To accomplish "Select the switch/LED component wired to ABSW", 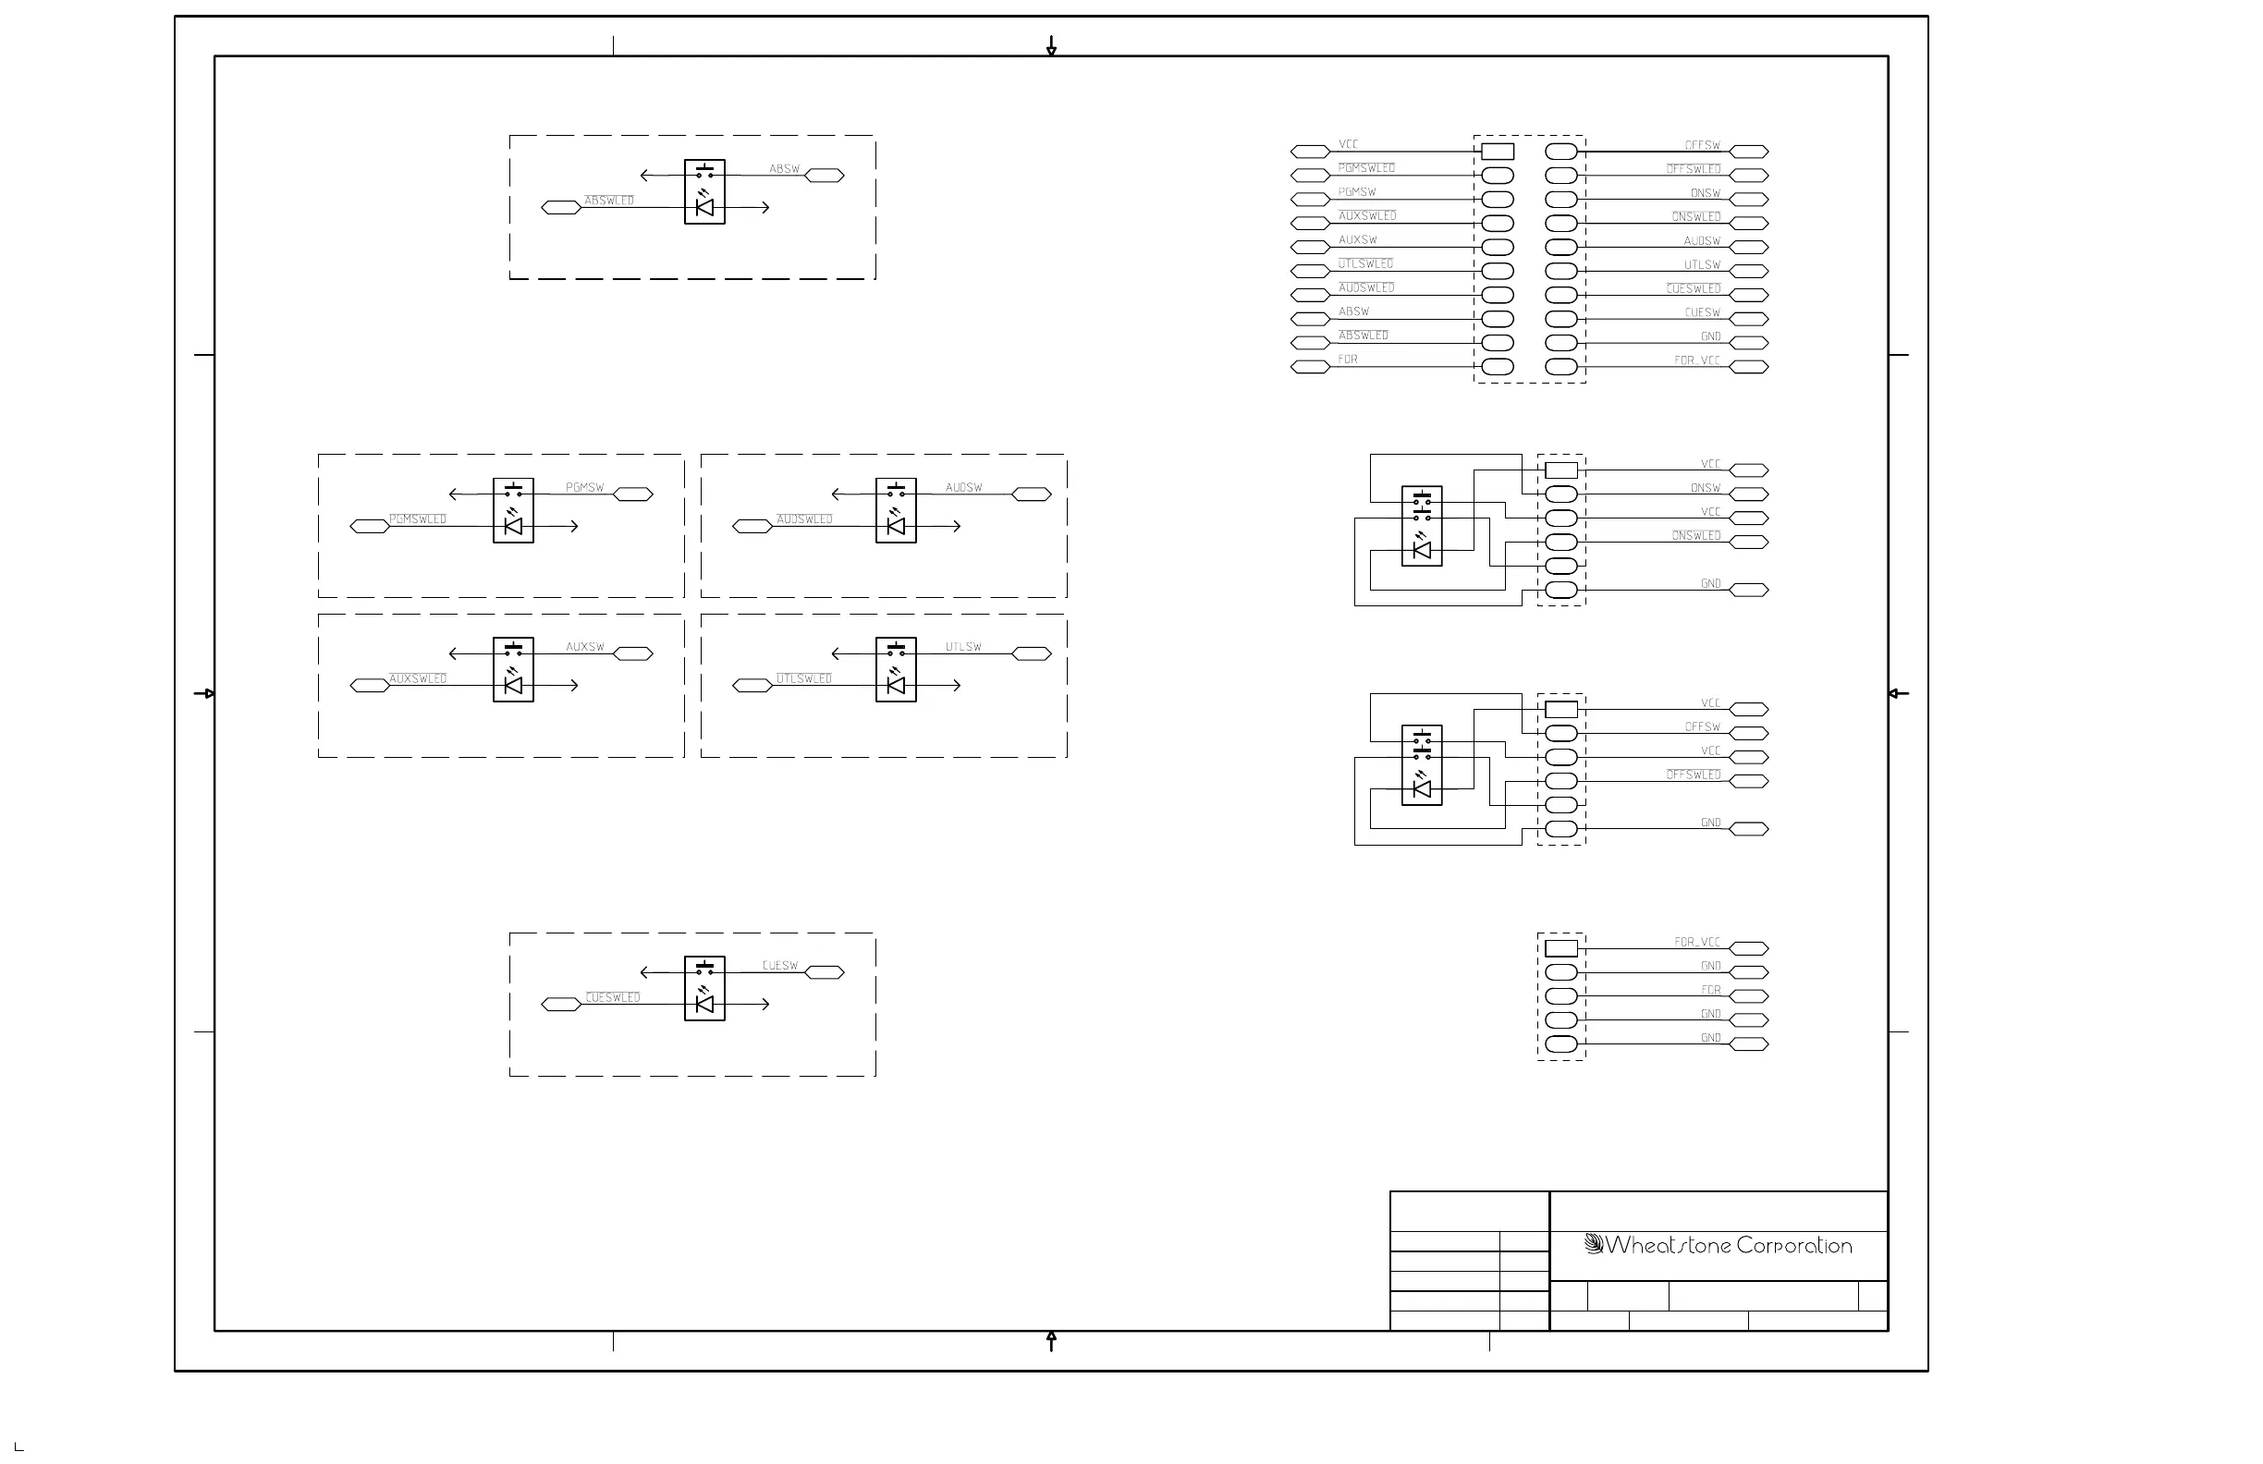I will click(x=704, y=192).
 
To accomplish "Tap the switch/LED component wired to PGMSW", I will click(x=513, y=510).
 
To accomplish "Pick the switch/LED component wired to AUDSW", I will click(x=896, y=510).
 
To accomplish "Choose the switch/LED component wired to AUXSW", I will click(x=513, y=670).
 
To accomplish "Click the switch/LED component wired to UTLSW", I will click(x=896, y=670).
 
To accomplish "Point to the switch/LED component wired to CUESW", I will click(x=704, y=989).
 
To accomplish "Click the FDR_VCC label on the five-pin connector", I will click(x=1697, y=942).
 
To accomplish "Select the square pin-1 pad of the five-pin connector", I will click(x=1561, y=949).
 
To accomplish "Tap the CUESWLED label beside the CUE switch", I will click(x=613, y=997).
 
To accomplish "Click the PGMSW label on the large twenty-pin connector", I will click(x=1357, y=192).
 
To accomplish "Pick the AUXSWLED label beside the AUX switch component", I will click(x=418, y=678).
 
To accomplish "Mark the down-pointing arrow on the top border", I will click(x=1052, y=45).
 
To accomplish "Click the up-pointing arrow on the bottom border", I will click(x=1052, y=1340).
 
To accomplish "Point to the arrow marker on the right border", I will click(x=1898, y=694).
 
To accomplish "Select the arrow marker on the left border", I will click(x=204, y=694).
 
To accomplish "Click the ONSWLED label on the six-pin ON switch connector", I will click(x=1696, y=536).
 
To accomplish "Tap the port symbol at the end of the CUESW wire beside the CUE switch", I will click(x=825, y=972).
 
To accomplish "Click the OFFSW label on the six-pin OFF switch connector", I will click(x=1702, y=727).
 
